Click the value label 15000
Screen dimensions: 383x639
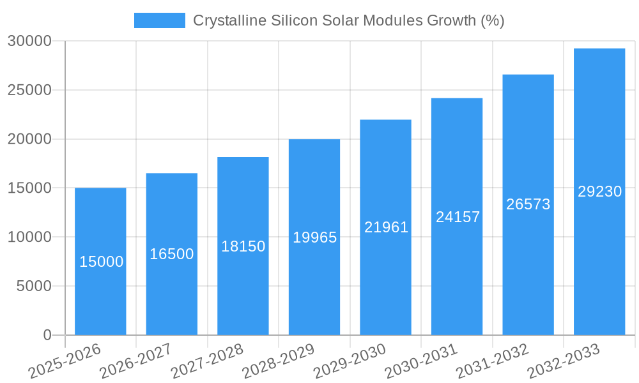tap(102, 262)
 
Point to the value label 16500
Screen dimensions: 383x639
tap(172, 254)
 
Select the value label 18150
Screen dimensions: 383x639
tap(243, 246)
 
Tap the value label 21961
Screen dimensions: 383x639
tap(386, 227)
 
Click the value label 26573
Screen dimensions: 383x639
tap(528, 204)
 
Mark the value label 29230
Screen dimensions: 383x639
tap(599, 191)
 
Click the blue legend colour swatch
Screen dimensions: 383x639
tap(159, 20)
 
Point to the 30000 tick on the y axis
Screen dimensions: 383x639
tap(29, 41)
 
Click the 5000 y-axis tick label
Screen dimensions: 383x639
tap(34, 286)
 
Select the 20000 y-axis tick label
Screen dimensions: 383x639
tap(29, 139)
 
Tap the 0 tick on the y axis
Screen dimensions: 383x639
tap(47, 335)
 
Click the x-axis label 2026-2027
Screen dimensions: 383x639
tap(135, 361)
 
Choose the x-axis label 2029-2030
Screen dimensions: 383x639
tap(350, 361)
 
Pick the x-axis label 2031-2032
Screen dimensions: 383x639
tap(492, 361)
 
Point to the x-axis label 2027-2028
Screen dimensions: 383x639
tap(207, 361)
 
